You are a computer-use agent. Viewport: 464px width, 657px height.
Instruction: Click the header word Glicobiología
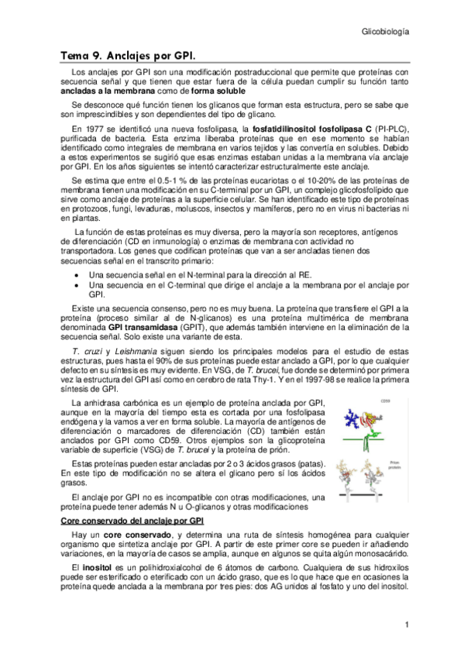(x=385, y=33)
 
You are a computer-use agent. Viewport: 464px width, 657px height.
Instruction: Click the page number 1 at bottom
(x=406, y=624)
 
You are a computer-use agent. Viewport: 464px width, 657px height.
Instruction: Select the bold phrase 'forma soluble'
(x=203, y=91)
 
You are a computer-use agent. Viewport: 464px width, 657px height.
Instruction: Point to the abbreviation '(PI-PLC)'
(x=391, y=128)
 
